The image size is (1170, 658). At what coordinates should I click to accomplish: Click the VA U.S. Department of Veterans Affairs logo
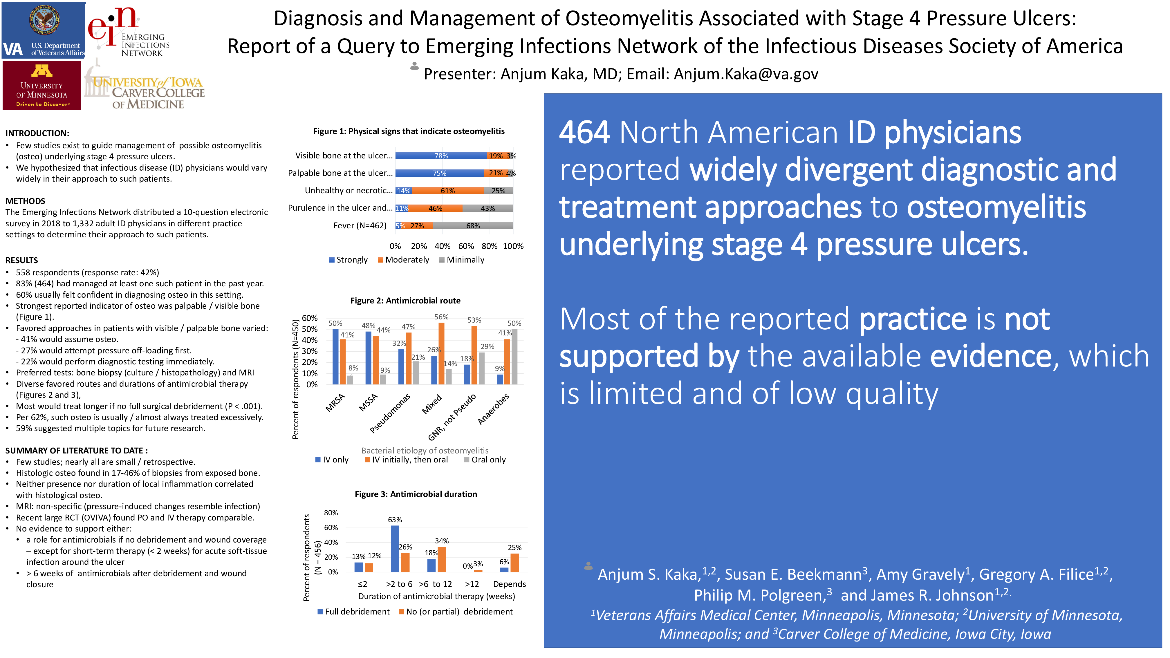(x=44, y=30)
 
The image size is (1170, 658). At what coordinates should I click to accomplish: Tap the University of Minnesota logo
(x=42, y=85)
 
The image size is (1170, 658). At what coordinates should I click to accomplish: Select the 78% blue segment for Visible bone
(x=441, y=156)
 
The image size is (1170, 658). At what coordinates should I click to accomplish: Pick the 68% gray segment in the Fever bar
(x=473, y=226)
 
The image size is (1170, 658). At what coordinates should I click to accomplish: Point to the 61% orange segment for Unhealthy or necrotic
(x=447, y=191)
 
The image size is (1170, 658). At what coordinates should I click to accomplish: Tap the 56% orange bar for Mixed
(x=441, y=353)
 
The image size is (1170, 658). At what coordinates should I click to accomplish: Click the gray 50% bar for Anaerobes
(x=514, y=357)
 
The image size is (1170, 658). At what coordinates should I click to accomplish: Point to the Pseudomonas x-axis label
(x=390, y=413)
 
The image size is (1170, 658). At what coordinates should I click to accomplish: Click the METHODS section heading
(x=26, y=201)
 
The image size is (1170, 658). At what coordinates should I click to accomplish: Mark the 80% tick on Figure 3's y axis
(x=331, y=513)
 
